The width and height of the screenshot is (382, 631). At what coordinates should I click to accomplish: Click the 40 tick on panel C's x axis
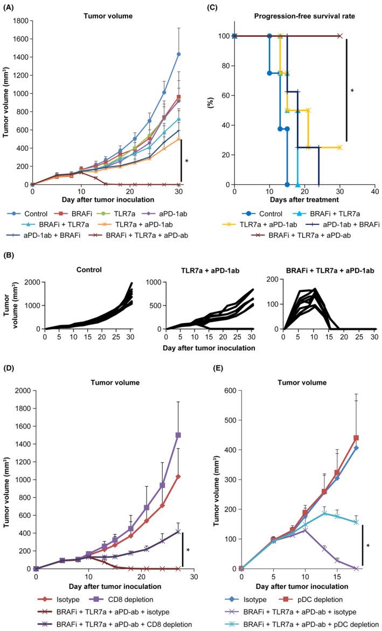click(375, 192)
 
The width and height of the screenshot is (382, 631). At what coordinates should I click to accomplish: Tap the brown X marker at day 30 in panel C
click(339, 36)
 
